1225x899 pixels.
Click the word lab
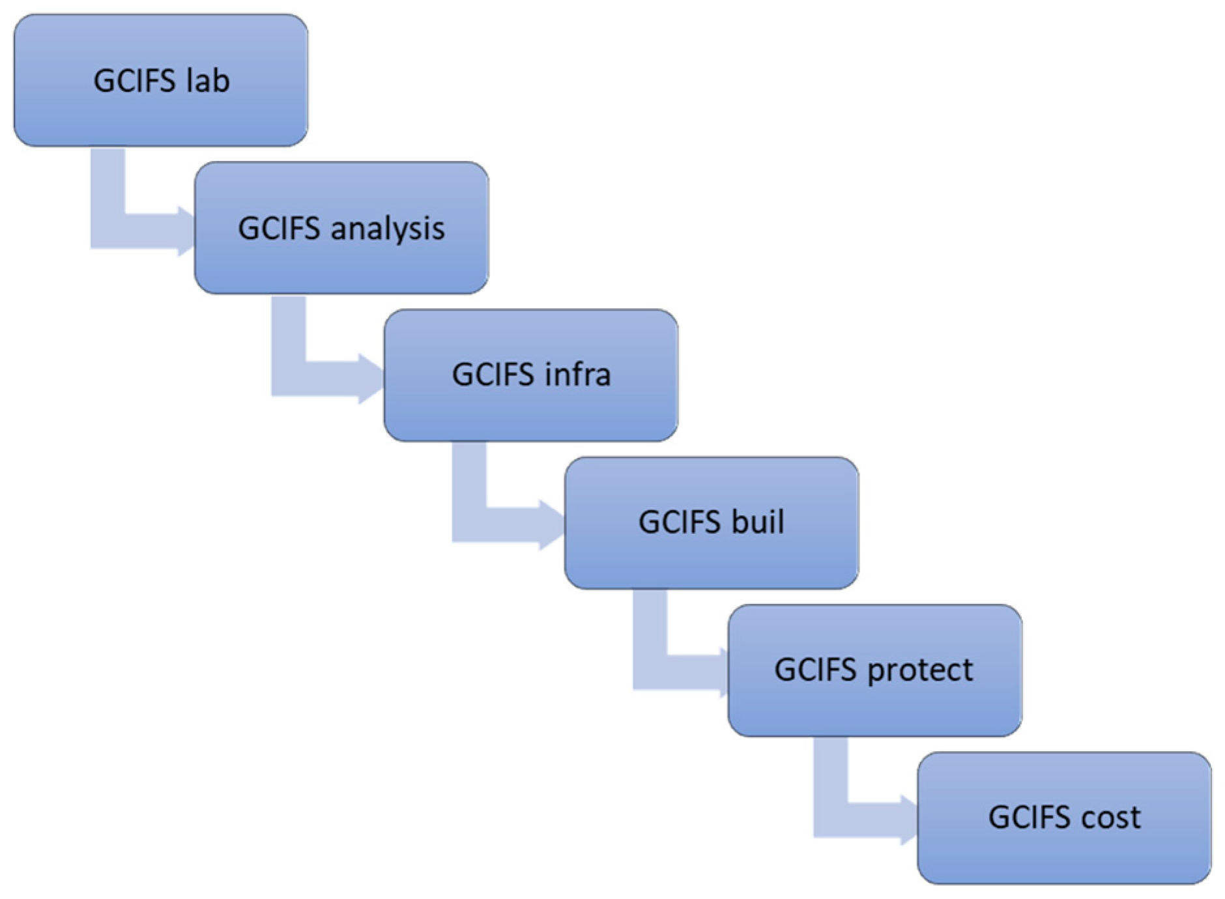click(208, 81)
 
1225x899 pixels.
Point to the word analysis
click(388, 229)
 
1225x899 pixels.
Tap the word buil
click(758, 522)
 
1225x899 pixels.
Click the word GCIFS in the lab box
click(135, 81)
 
